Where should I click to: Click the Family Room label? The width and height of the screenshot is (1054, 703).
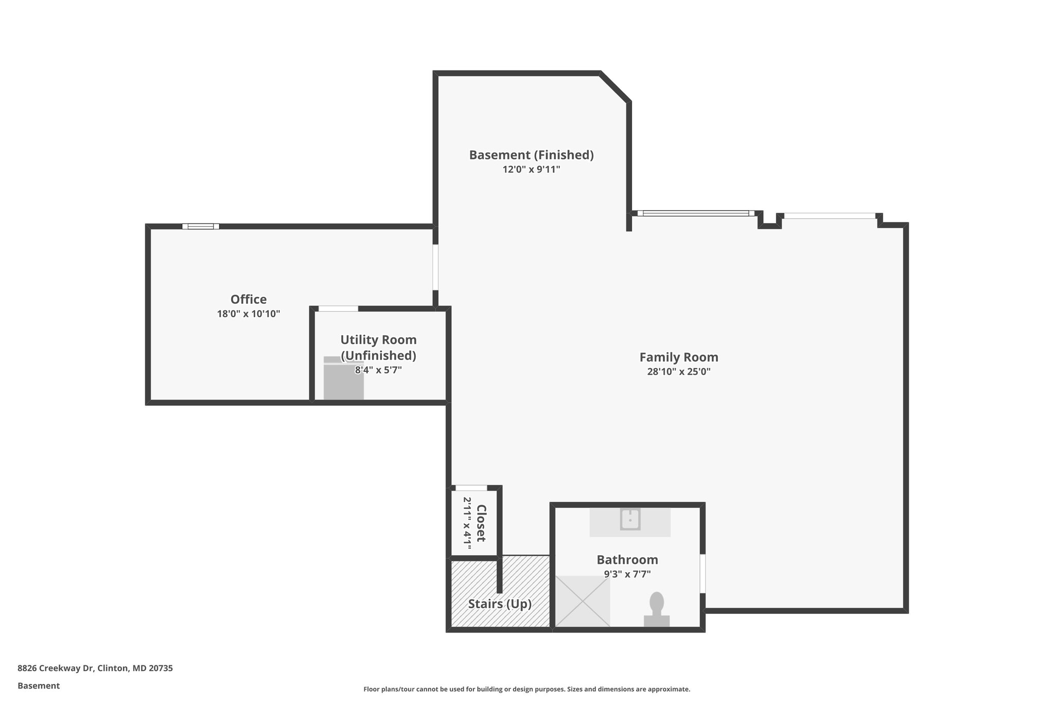click(678, 357)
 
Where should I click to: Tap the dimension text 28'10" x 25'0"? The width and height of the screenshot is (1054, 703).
click(678, 372)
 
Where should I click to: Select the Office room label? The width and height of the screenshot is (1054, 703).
click(248, 299)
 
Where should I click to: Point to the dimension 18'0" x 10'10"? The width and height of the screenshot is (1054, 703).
click(248, 314)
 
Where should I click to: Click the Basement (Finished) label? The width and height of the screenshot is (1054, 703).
click(531, 155)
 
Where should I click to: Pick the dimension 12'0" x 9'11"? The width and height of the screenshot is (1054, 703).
click(531, 169)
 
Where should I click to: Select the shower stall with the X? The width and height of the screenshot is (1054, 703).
click(583, 601)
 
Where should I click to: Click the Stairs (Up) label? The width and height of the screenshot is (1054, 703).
click(499, 604)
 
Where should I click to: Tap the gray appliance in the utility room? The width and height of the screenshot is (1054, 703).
click(343, 379)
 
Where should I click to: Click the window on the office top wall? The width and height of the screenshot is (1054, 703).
click(201, 226)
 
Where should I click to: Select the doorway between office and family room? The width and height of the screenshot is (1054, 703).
click(435, 267)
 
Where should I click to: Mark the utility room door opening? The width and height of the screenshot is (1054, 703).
click(338, 308)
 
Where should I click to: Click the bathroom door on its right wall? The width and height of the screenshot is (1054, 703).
click(702, 573)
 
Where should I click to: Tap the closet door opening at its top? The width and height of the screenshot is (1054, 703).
click(471, 488)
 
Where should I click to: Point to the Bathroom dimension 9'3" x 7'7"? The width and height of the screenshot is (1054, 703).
click(627, 574)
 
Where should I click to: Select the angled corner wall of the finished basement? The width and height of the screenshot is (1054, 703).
click(614, 87)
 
